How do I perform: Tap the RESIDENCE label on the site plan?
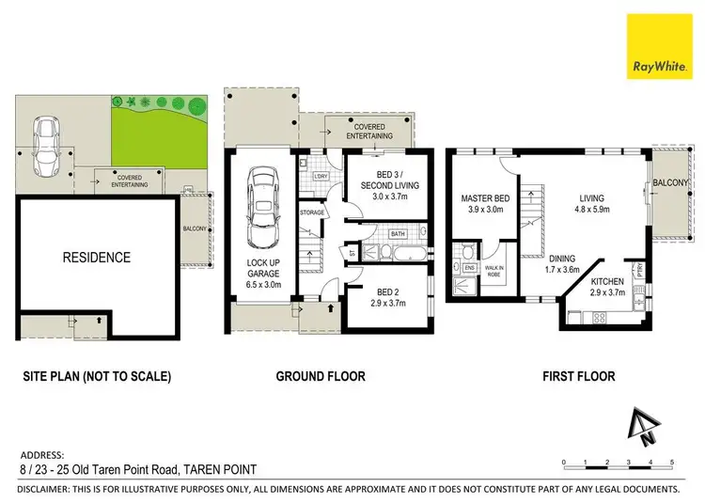click(x=97, y=257)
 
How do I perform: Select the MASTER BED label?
click(x=484, y=205)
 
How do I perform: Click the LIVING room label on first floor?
click(x=591, y=204)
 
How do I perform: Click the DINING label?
click(x=563, y=261)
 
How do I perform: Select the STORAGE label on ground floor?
click(x=312, y=212)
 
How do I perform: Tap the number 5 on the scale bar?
click(x=672, y=462)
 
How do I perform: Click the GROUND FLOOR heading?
click(x=320, y=376)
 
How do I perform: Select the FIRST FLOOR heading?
click(x=578, y=376)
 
